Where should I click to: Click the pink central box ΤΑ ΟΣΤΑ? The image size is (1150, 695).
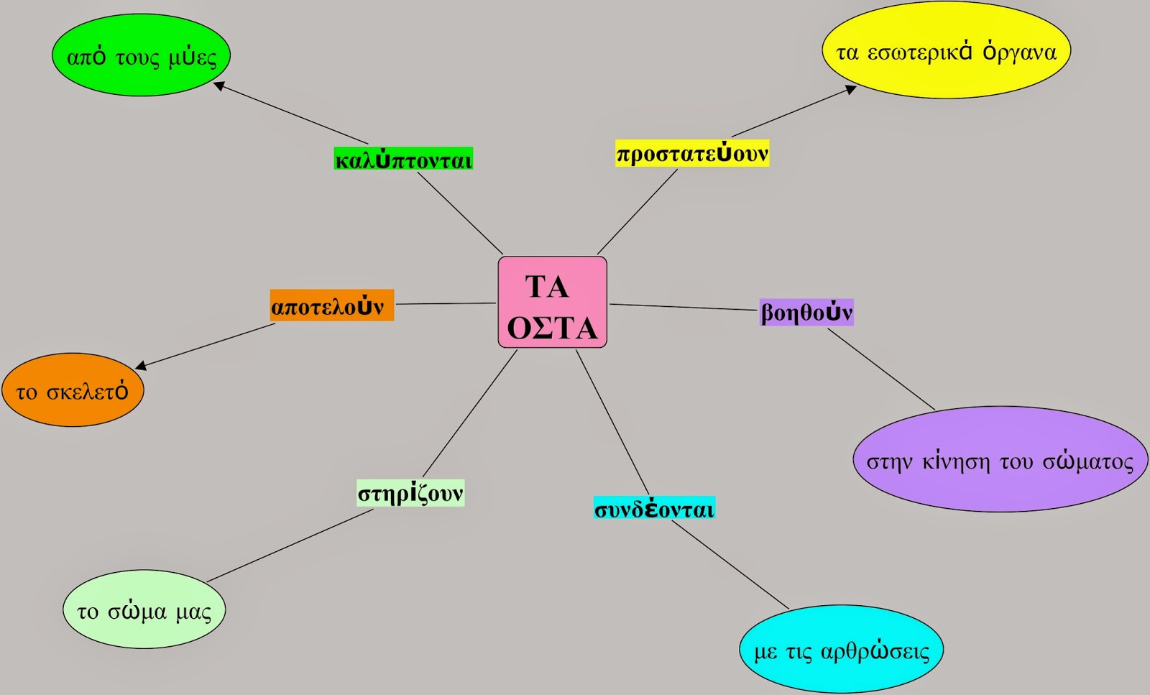(553, 303)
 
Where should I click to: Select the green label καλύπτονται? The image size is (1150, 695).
(403, 159)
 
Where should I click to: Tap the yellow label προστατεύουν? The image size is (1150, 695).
(692, 153)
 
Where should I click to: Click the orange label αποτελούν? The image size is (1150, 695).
(331, 305)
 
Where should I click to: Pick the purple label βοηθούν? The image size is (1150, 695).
(806, 312)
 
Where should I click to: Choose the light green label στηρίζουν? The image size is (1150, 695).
(410, 493)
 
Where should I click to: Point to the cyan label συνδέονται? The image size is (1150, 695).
(654, 507)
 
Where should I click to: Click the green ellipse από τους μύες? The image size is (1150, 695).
(141, 55)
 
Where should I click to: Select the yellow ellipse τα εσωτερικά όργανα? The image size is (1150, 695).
(946, 50)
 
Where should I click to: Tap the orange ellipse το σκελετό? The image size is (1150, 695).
(73, 390)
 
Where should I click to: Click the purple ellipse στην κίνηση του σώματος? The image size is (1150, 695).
(1000, 459)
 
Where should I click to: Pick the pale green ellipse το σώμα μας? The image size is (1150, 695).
(144, 609)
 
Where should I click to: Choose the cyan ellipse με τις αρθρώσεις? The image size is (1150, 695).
(841, 649)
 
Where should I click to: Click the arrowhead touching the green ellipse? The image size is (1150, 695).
(219, 86)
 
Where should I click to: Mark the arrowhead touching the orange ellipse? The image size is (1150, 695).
(141, 365)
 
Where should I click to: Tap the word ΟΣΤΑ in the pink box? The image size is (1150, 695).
(553, 327)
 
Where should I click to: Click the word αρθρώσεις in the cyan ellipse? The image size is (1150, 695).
(875, 651)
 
